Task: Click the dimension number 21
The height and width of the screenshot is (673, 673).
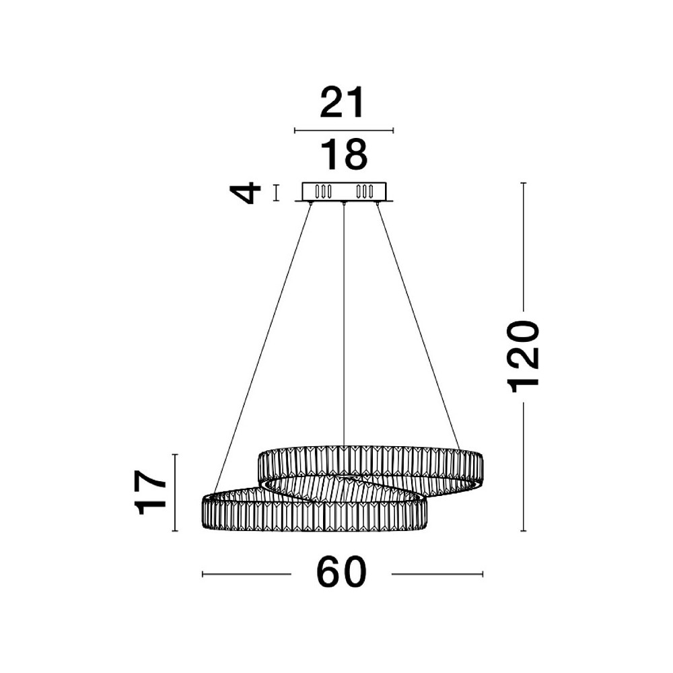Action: pyautogui.click(x=342, y=104)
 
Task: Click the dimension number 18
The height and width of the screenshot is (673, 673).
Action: pyautogui.click(x=343, y=155)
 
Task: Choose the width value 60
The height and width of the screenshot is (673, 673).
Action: pyautogui.click(x=341, y=573)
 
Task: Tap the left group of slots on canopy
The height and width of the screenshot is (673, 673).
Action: pyautogui.click(x=324, y=191)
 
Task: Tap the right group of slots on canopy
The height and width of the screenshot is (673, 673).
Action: pyautogui.click(x=364, y=191)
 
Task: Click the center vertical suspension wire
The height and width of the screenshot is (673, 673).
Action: pyautogui.click(x=344, y=323)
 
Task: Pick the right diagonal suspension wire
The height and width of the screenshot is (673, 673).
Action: pyautogui.click(x=417, y=323)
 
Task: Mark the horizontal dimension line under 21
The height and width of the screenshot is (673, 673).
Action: pyautogui.click(x=343, y=131)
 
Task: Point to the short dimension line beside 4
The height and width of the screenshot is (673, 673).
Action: pyautogui.click(x=275, y=192)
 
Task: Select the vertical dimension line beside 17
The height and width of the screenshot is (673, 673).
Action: pyautogui.click(x=175, y=493)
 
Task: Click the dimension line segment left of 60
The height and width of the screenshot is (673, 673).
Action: pyautogui.click(x=246, y=574)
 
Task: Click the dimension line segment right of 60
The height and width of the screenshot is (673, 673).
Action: pyautogui.click(x=437, y=574)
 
